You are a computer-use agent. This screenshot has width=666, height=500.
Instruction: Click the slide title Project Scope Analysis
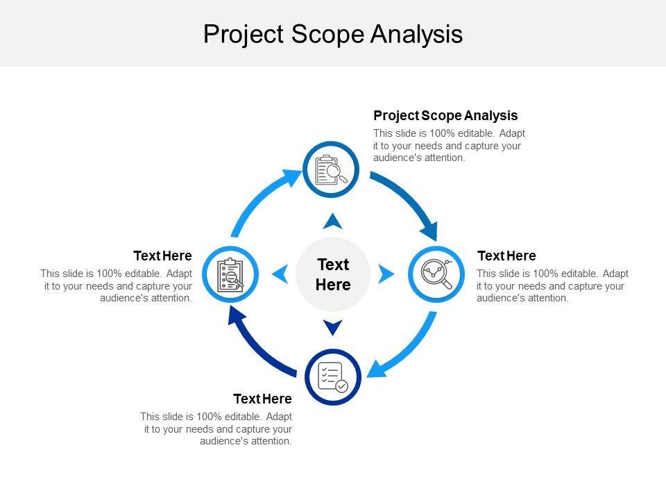coord(333,34)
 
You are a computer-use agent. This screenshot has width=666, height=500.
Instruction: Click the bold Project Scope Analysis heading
coord(445,115)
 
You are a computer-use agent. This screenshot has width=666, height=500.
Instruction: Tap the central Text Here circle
coord(333,274)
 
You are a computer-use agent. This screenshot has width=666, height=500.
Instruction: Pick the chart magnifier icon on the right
coord(436,274)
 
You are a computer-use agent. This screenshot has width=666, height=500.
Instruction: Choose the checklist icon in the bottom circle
coord(332,377)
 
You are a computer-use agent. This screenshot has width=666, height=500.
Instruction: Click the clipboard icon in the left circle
coord(230,274)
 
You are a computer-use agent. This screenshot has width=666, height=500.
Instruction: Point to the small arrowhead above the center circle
coord(333,222)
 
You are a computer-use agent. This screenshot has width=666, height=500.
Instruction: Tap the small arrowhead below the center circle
coord(333,326)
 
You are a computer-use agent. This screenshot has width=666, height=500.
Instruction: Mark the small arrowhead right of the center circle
coord(386,274)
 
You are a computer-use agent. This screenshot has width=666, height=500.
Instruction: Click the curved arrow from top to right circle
coord(409,201)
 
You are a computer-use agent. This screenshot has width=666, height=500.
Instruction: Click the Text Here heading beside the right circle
coord(506,256)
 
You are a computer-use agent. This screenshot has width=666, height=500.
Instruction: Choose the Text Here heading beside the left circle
coord(162,256)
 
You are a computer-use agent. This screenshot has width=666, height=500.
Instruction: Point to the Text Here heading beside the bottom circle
coord(262,399)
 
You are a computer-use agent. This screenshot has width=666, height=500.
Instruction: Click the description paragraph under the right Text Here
coord(552,286)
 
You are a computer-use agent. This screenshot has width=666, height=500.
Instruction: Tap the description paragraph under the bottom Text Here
coord(216,428)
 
